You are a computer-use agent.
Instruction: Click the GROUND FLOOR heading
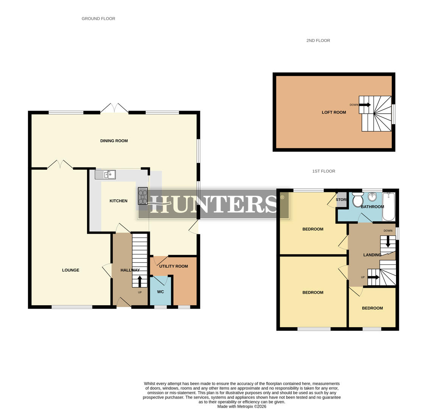click(98, 19)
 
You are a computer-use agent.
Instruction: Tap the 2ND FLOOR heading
click(318, 41)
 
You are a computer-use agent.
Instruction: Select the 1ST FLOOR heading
click(324, 171)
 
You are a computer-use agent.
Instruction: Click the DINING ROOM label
click(114, 141)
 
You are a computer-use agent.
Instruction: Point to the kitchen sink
click(105, 175)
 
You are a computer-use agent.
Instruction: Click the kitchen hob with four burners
click(143, 196)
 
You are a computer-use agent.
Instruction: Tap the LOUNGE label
click(71, 270)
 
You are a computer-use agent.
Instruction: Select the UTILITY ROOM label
click(173, 266)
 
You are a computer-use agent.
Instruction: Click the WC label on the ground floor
click(161, 292)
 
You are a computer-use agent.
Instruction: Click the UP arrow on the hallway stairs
click(140, 282)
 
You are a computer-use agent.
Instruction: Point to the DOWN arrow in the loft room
click(365, 105)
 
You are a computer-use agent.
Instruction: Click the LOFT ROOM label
click(334, 112)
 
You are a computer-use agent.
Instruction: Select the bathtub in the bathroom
click(389, 206)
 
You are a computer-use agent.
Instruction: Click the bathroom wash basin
click(372, 197)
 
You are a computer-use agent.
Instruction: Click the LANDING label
click(372, 255)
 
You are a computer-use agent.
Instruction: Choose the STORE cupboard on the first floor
click(341, 200)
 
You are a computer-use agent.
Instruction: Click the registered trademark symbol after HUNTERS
click(282, 197)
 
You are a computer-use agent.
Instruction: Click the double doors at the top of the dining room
click(114, 108)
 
